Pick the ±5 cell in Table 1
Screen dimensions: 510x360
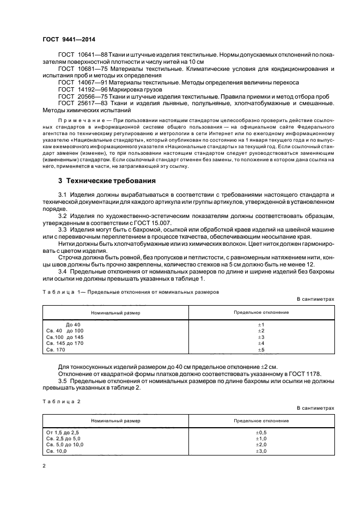click(260, 350)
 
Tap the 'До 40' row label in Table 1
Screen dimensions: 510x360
click(73, 324)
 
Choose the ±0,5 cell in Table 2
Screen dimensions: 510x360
click(261, 432)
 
